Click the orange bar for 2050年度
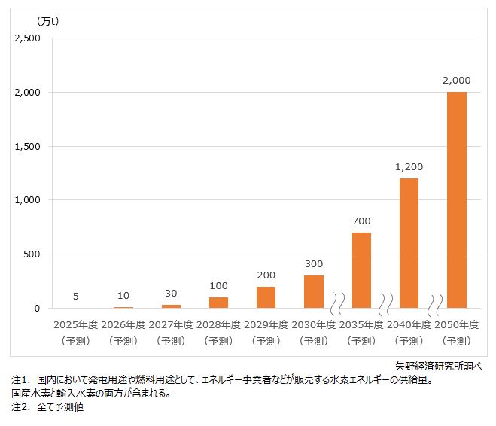coord(456,199)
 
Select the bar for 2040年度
coord(409,243)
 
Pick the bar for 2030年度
coord(314,291)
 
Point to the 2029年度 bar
coord(266,297)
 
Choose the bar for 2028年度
coord(218,303)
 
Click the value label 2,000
coord(456,80)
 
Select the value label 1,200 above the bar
coord(409,166)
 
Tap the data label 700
coord(361,221)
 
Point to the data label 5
coord(75,296)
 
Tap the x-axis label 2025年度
coord(75,324)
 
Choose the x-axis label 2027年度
coord(171,324)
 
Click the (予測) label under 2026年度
coord(123,341)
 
